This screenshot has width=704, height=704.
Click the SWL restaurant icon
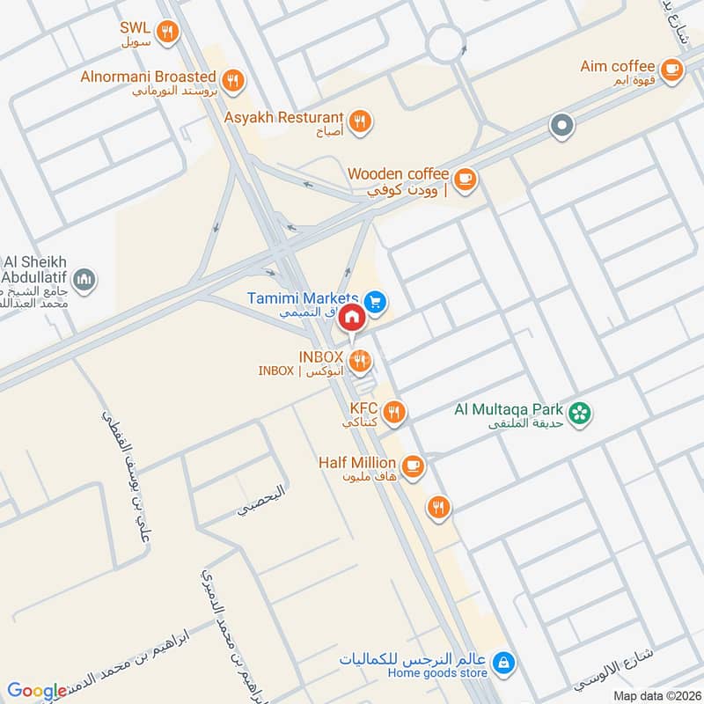tap(168, 33)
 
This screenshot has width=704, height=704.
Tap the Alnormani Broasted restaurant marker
tap(232, 81)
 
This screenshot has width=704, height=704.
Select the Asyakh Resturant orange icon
tap(358, 122)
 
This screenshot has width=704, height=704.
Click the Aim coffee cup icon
tap(671, 70)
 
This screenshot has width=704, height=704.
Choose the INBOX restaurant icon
tap(359, 360)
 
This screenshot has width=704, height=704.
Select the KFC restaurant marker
tap(394, 412)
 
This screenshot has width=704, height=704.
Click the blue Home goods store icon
tap(502, 662)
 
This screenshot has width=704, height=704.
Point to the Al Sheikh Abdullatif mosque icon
tap(84, 280)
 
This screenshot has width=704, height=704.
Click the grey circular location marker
tap(561, 127)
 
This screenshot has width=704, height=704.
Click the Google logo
tap(37, 691)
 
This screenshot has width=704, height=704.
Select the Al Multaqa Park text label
tap(508, 409)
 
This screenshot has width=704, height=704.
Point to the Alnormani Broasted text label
tap(148, 77)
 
